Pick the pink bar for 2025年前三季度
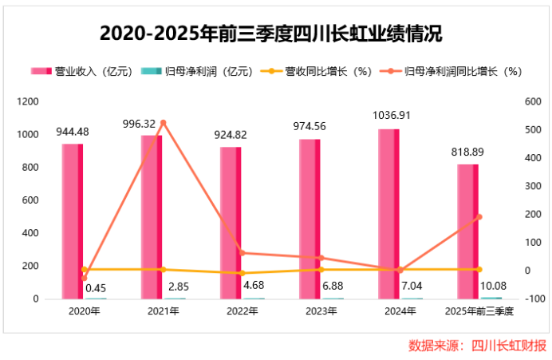(x=467, y=231)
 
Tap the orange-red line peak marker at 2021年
(x=163, y=123)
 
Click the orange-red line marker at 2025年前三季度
(x=479, y=216)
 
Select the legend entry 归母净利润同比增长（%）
(x=455, y=71)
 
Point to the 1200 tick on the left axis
(x=27, y=102)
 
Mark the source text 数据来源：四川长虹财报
(x=477, y=346)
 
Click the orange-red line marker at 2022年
(x=242, y=253)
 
